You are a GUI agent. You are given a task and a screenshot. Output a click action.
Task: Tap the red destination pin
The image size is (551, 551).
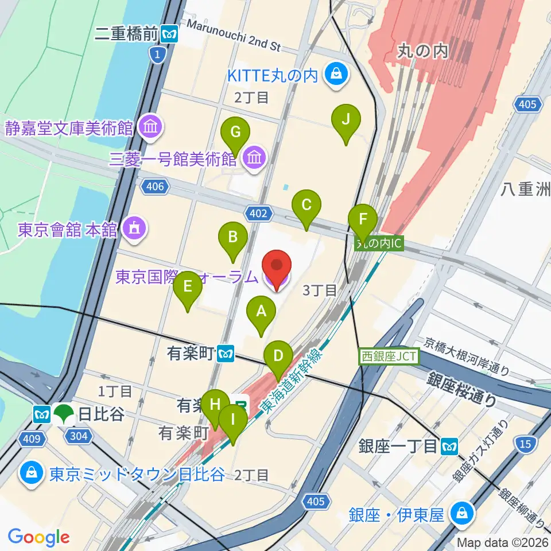[277, 270]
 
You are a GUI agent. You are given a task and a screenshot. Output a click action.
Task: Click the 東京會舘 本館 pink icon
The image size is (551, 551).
[134, 230]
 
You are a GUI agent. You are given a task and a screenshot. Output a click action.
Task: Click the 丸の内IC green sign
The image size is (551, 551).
[379, 243]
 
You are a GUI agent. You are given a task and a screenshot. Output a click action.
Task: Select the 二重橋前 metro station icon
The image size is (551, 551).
[169, 34]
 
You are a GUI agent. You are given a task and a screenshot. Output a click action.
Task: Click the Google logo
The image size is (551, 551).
[38, 537]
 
